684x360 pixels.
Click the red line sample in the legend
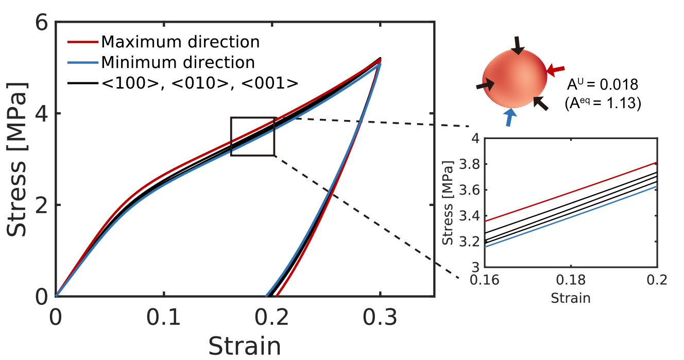point(82,42)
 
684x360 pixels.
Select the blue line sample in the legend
point(82,63)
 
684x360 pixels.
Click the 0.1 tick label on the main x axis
point(163,318)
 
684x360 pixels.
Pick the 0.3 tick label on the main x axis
point(380,318)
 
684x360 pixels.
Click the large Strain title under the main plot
point(245,347)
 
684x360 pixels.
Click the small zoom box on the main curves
point(252,136)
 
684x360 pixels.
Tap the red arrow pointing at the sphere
point(556,70)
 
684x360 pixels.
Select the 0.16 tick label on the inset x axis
point(485,280)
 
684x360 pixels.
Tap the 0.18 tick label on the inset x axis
point(571,280)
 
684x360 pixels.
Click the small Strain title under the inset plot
point(571,298)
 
